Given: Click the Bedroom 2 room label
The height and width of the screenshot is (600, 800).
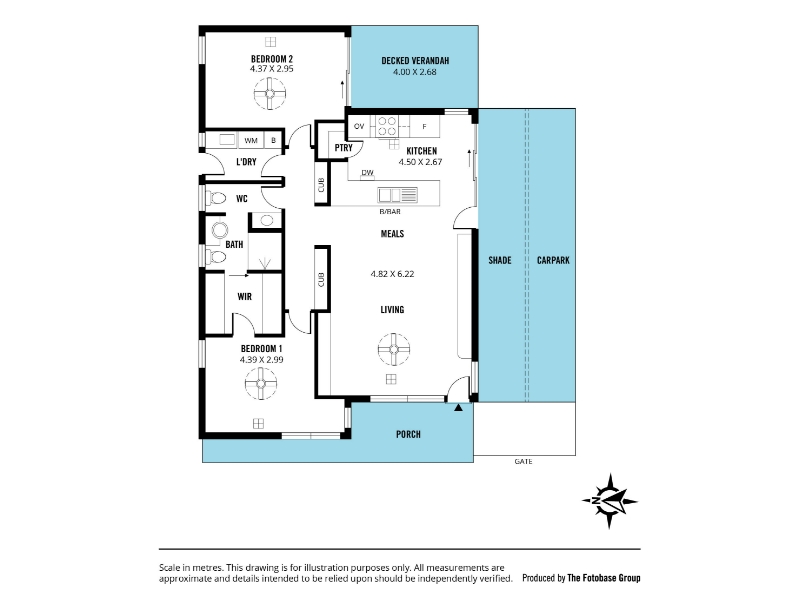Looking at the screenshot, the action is [x=271, y=59].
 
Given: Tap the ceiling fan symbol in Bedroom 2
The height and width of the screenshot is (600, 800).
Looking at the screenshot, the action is [x=270, y=94].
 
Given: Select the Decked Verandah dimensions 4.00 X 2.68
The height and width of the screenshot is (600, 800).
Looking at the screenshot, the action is [x=414, y=72].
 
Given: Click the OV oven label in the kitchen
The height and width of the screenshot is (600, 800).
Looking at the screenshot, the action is [x=359, y=126].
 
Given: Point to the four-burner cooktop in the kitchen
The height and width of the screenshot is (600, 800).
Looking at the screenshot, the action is [x=387, y=127].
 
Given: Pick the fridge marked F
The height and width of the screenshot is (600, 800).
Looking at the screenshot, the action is [x=424, y=127].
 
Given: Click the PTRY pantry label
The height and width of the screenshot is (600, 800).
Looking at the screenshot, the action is [x=343, y=147].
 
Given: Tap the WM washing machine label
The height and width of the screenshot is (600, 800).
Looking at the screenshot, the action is [x=251, y=140].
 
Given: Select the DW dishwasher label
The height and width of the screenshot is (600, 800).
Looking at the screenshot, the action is [x=367, y=172].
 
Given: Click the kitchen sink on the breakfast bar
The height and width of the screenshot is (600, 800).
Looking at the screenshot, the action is [x=397, y=195].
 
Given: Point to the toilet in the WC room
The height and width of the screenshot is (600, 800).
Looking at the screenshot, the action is [x=215, y=198].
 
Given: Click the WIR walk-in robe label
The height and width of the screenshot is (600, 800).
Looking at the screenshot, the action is [x=244, y=296].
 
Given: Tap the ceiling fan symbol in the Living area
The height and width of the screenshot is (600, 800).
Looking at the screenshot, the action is [x=394, y=349].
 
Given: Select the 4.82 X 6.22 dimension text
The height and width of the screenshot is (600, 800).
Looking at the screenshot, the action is [x=392, y=274].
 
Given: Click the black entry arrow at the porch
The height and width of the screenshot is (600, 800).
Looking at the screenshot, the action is [x=458, y=407].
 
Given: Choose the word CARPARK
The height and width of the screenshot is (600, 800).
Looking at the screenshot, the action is [x=553, y=260].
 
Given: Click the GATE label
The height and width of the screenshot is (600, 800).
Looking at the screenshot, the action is [x=523, y=461].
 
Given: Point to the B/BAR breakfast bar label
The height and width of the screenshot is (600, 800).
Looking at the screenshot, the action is [x=390, y=211].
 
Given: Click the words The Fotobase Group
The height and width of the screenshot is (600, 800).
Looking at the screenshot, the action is [x=604, y=578].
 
